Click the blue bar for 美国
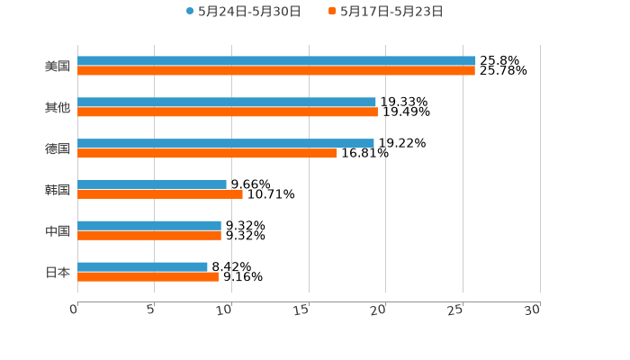tap(276, 61)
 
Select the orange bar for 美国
tap(276, 71)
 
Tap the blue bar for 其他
tap(227, 103)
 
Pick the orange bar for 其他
tap(228, 112)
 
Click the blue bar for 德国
tap(226, 143)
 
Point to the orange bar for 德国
tap(207, 153)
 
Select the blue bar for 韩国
tap(152, 184)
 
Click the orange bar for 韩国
tap(160, 193)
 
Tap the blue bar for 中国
tap(149, 225)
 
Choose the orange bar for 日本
tap(148, 276)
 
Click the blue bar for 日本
tap(142, 266)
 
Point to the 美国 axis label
tap(58, 66)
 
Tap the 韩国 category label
tap(58, 189)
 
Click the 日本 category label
tap(58, 272)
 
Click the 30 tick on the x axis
tap(532, 309)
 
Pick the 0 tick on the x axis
tap(75, 309)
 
